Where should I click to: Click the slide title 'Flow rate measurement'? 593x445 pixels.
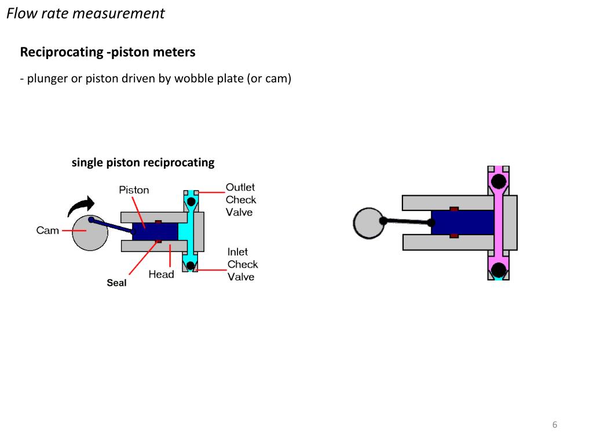[85, 13]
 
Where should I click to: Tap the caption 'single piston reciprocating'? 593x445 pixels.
[142, 162]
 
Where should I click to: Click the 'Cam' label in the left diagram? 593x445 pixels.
[47, 231]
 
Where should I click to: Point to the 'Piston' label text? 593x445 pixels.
[134, 190]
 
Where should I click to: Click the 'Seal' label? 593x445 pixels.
[116, 283]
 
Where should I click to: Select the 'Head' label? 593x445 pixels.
[161, 274]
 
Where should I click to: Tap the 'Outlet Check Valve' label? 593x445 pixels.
[240, 200]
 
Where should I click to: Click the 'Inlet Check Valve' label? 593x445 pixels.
[242, 264]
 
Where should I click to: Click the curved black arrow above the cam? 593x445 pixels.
[81, 205]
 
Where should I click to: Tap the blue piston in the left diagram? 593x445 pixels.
[155, 232]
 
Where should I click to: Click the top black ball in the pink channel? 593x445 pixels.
[497, 183]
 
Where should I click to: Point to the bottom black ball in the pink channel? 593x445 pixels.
[497, 268]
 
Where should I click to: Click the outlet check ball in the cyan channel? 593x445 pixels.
[191, 201]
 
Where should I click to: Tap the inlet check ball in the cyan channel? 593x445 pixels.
[191, 266]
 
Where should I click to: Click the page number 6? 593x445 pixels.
[555, 425]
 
